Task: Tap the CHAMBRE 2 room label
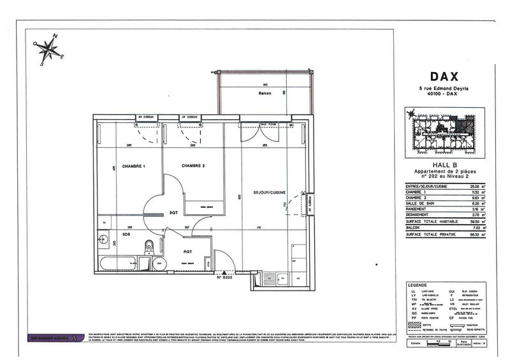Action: point(193,166)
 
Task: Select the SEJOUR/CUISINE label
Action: point(268,192)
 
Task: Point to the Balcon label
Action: point(265,94)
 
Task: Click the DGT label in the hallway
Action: point(173,213)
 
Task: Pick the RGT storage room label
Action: point(188,251)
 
